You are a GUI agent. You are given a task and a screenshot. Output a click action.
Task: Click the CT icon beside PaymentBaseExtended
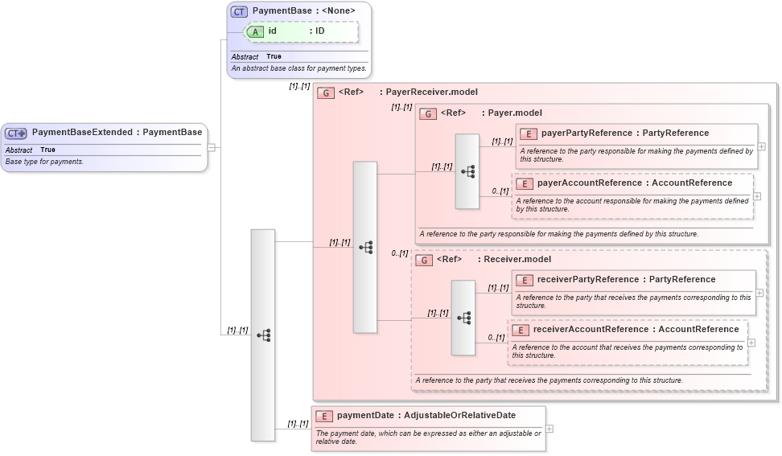click(16, 133)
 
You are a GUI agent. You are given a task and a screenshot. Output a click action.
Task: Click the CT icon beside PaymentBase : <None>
click(239, 11)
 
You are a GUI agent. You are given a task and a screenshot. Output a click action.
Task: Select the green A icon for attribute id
click(255, 31)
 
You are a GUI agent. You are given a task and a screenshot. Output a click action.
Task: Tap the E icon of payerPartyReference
click(529, 134)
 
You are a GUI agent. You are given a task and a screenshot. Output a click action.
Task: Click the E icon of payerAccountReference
click(524, 183)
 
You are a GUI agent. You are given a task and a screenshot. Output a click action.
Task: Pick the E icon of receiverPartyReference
click(524, 280)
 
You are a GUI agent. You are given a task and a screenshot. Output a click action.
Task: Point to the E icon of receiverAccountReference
click(520, 330)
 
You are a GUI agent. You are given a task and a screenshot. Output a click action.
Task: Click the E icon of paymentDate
click(324, 416)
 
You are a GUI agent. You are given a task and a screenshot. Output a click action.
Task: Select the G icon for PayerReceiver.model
click(326, 92)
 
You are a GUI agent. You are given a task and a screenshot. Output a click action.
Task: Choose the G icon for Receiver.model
click(424, 260)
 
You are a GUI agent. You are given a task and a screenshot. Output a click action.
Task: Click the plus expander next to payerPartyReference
click(761, 146)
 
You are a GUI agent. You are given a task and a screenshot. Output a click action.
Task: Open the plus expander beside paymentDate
click(549, 429)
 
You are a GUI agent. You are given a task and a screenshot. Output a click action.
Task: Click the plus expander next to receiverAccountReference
click(751, 342)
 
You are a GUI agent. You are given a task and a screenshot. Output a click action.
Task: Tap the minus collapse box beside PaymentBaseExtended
click(211, 147)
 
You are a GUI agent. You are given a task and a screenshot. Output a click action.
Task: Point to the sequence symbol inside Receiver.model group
click(463, 318)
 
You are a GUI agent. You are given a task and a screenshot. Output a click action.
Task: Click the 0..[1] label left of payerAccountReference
click(500, 191)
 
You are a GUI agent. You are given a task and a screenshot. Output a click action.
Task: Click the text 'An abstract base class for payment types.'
click(299, 68)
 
